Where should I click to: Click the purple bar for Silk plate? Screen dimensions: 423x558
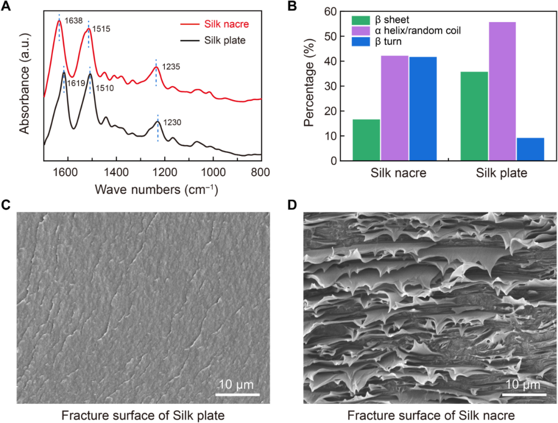(502, 91)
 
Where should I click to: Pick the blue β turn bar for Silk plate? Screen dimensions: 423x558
(530, 149)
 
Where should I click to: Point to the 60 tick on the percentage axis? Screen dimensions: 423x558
(331, 11)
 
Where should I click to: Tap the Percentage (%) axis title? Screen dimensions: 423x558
(309, 86)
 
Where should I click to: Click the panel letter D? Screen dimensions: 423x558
(292, 205)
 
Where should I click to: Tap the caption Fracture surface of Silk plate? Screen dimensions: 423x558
(143, 415)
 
